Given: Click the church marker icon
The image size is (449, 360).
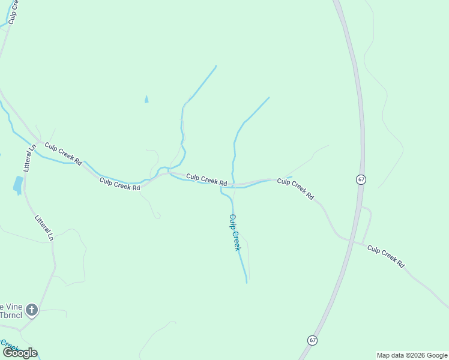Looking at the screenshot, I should tap(31, 310).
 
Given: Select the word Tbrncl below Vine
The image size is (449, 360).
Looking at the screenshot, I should tap(10, 315).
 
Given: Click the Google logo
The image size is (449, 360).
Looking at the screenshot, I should tap(20, 353).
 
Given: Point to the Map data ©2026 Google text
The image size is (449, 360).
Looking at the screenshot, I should tap(412, 355).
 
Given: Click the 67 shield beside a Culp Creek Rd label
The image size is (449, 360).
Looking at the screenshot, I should tap(360, 179).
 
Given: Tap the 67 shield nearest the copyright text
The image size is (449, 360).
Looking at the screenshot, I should tap(312, 340).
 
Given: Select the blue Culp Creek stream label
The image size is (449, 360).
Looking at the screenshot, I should tap(235, 232).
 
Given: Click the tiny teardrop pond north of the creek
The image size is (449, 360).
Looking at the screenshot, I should tap(146, 99).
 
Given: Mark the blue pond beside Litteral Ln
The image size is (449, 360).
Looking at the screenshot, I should tap(17, 185).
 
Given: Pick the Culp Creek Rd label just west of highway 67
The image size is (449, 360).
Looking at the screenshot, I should tap(295, 188).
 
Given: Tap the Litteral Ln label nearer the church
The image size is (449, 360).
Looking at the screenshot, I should tap(44, 228).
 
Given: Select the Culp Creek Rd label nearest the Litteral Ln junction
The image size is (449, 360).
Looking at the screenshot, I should tap(63, 154).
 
